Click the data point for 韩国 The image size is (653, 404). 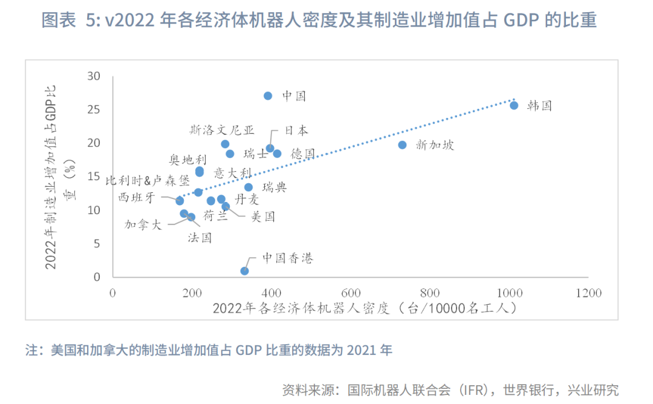click(514, 105)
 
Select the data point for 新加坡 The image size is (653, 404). click(402, 145)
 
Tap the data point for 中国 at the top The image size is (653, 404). click(268, 96)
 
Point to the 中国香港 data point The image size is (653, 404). click(244, 271)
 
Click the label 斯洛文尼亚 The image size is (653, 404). click(222, 130)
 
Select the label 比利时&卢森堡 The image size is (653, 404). click(148, 181)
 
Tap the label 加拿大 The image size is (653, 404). click(143, 224)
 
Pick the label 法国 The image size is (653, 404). click(200, 238)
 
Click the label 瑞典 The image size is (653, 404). click(275, 187)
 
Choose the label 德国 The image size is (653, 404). click(302, 154)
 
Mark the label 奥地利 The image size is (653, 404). click(187, 160)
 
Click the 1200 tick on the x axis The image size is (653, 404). click(588, 293)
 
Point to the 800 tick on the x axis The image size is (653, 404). click(430, 293)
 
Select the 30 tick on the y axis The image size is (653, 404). click(94, 76)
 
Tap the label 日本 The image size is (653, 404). click(296, 130)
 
